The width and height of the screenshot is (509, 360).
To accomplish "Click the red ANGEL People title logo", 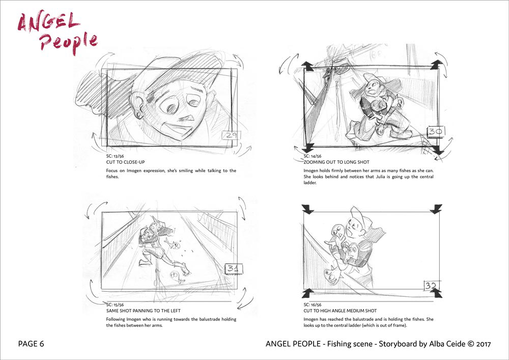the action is pyautogui.click(x=57, y=33).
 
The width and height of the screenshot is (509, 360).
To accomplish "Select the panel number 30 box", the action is pyautogui.click(x=435, y=131).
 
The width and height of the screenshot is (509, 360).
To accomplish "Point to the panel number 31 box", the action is pyautogui.click(x=234, y=269).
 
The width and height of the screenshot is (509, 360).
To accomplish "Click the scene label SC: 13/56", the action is pyautogui.click(x=115, y=156).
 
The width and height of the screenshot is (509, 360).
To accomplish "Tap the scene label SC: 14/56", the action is pyautogui.click(x=313, y=156).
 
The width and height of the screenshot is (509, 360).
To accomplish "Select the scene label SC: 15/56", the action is pyautogui.click(x=115, y=305).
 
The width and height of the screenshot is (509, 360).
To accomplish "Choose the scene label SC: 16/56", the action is pyautogui.click(x=313, y=305).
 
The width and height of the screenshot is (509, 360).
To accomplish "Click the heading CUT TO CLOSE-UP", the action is pyautogui.click(x=125, y=162).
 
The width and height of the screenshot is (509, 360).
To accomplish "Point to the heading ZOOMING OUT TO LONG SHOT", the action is pyautogui.click(x=336, y=162).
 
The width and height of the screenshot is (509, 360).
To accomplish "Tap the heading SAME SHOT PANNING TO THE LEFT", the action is pyautogui.click(x=143, y=311).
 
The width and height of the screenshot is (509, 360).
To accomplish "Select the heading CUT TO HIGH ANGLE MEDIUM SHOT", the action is pyautogui.click(x=340, y=311).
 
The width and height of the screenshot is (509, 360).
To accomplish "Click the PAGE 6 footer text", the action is pyautogui.click(x=31, y=344).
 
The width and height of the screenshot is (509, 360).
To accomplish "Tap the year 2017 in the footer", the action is pyautogui.click(x=484, y=344).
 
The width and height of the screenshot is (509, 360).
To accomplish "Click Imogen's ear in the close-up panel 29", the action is pyautogui.click(x=136, y=105).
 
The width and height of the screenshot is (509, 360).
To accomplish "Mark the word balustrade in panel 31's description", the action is pyautogui.click(x=208, y=319).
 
